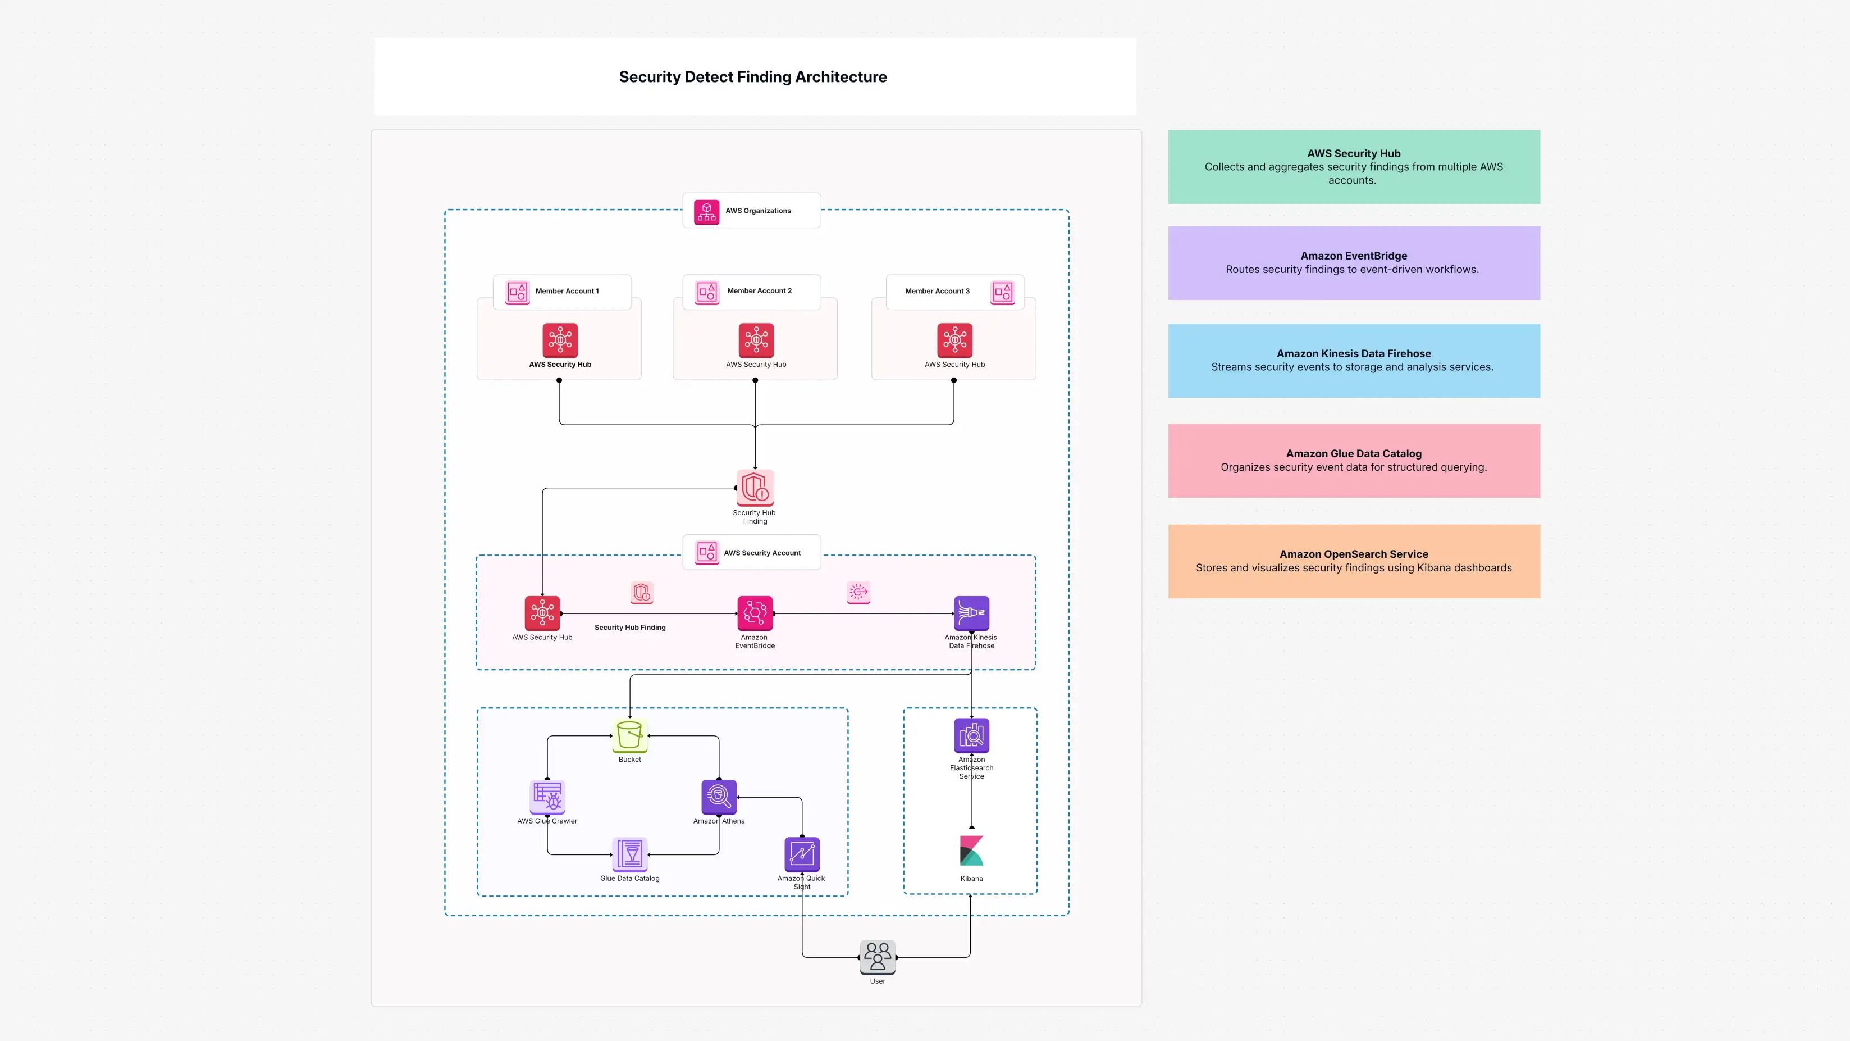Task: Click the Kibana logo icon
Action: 971,851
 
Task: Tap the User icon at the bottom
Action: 877,957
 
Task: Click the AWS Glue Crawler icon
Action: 547,797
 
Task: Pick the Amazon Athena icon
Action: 718,796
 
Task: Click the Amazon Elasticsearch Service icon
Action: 971,735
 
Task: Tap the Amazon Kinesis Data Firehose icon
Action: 971,613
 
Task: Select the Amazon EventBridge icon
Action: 755,613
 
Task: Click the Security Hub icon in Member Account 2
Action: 756,340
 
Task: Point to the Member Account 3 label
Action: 937,291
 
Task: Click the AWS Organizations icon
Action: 706,211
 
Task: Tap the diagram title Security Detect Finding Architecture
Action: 753,77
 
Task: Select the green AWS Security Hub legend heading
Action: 1353,153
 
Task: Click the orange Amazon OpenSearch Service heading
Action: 1353,554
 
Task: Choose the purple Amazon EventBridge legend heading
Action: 1353,256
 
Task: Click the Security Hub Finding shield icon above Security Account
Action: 755,488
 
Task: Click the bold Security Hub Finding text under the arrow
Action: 630,627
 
